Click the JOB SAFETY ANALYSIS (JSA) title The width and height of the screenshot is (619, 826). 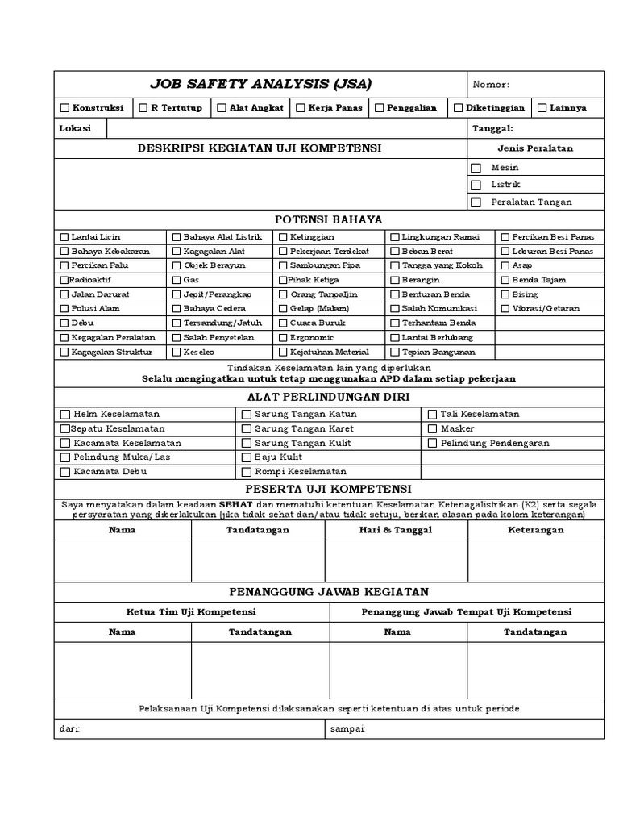260,85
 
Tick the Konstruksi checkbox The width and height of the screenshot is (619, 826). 64,108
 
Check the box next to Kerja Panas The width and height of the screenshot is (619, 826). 300,108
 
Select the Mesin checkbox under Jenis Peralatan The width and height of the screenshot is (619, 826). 476,168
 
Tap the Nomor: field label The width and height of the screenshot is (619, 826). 491,85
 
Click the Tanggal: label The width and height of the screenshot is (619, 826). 492,128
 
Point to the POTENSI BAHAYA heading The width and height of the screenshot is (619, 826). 328,219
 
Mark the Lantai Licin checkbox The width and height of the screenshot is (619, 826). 64,237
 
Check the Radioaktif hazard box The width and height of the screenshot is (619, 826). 64,280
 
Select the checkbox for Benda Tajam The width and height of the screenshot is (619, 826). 505,280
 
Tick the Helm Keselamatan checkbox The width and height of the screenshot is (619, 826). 64,415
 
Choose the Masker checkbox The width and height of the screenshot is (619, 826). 432,429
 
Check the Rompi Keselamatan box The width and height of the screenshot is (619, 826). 247,472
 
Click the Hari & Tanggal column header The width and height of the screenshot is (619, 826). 396,530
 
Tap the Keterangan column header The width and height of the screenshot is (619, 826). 536,530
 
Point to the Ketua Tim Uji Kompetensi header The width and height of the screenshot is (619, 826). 191,612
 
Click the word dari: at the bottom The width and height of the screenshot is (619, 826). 69,729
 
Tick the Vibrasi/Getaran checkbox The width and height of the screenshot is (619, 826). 505,309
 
